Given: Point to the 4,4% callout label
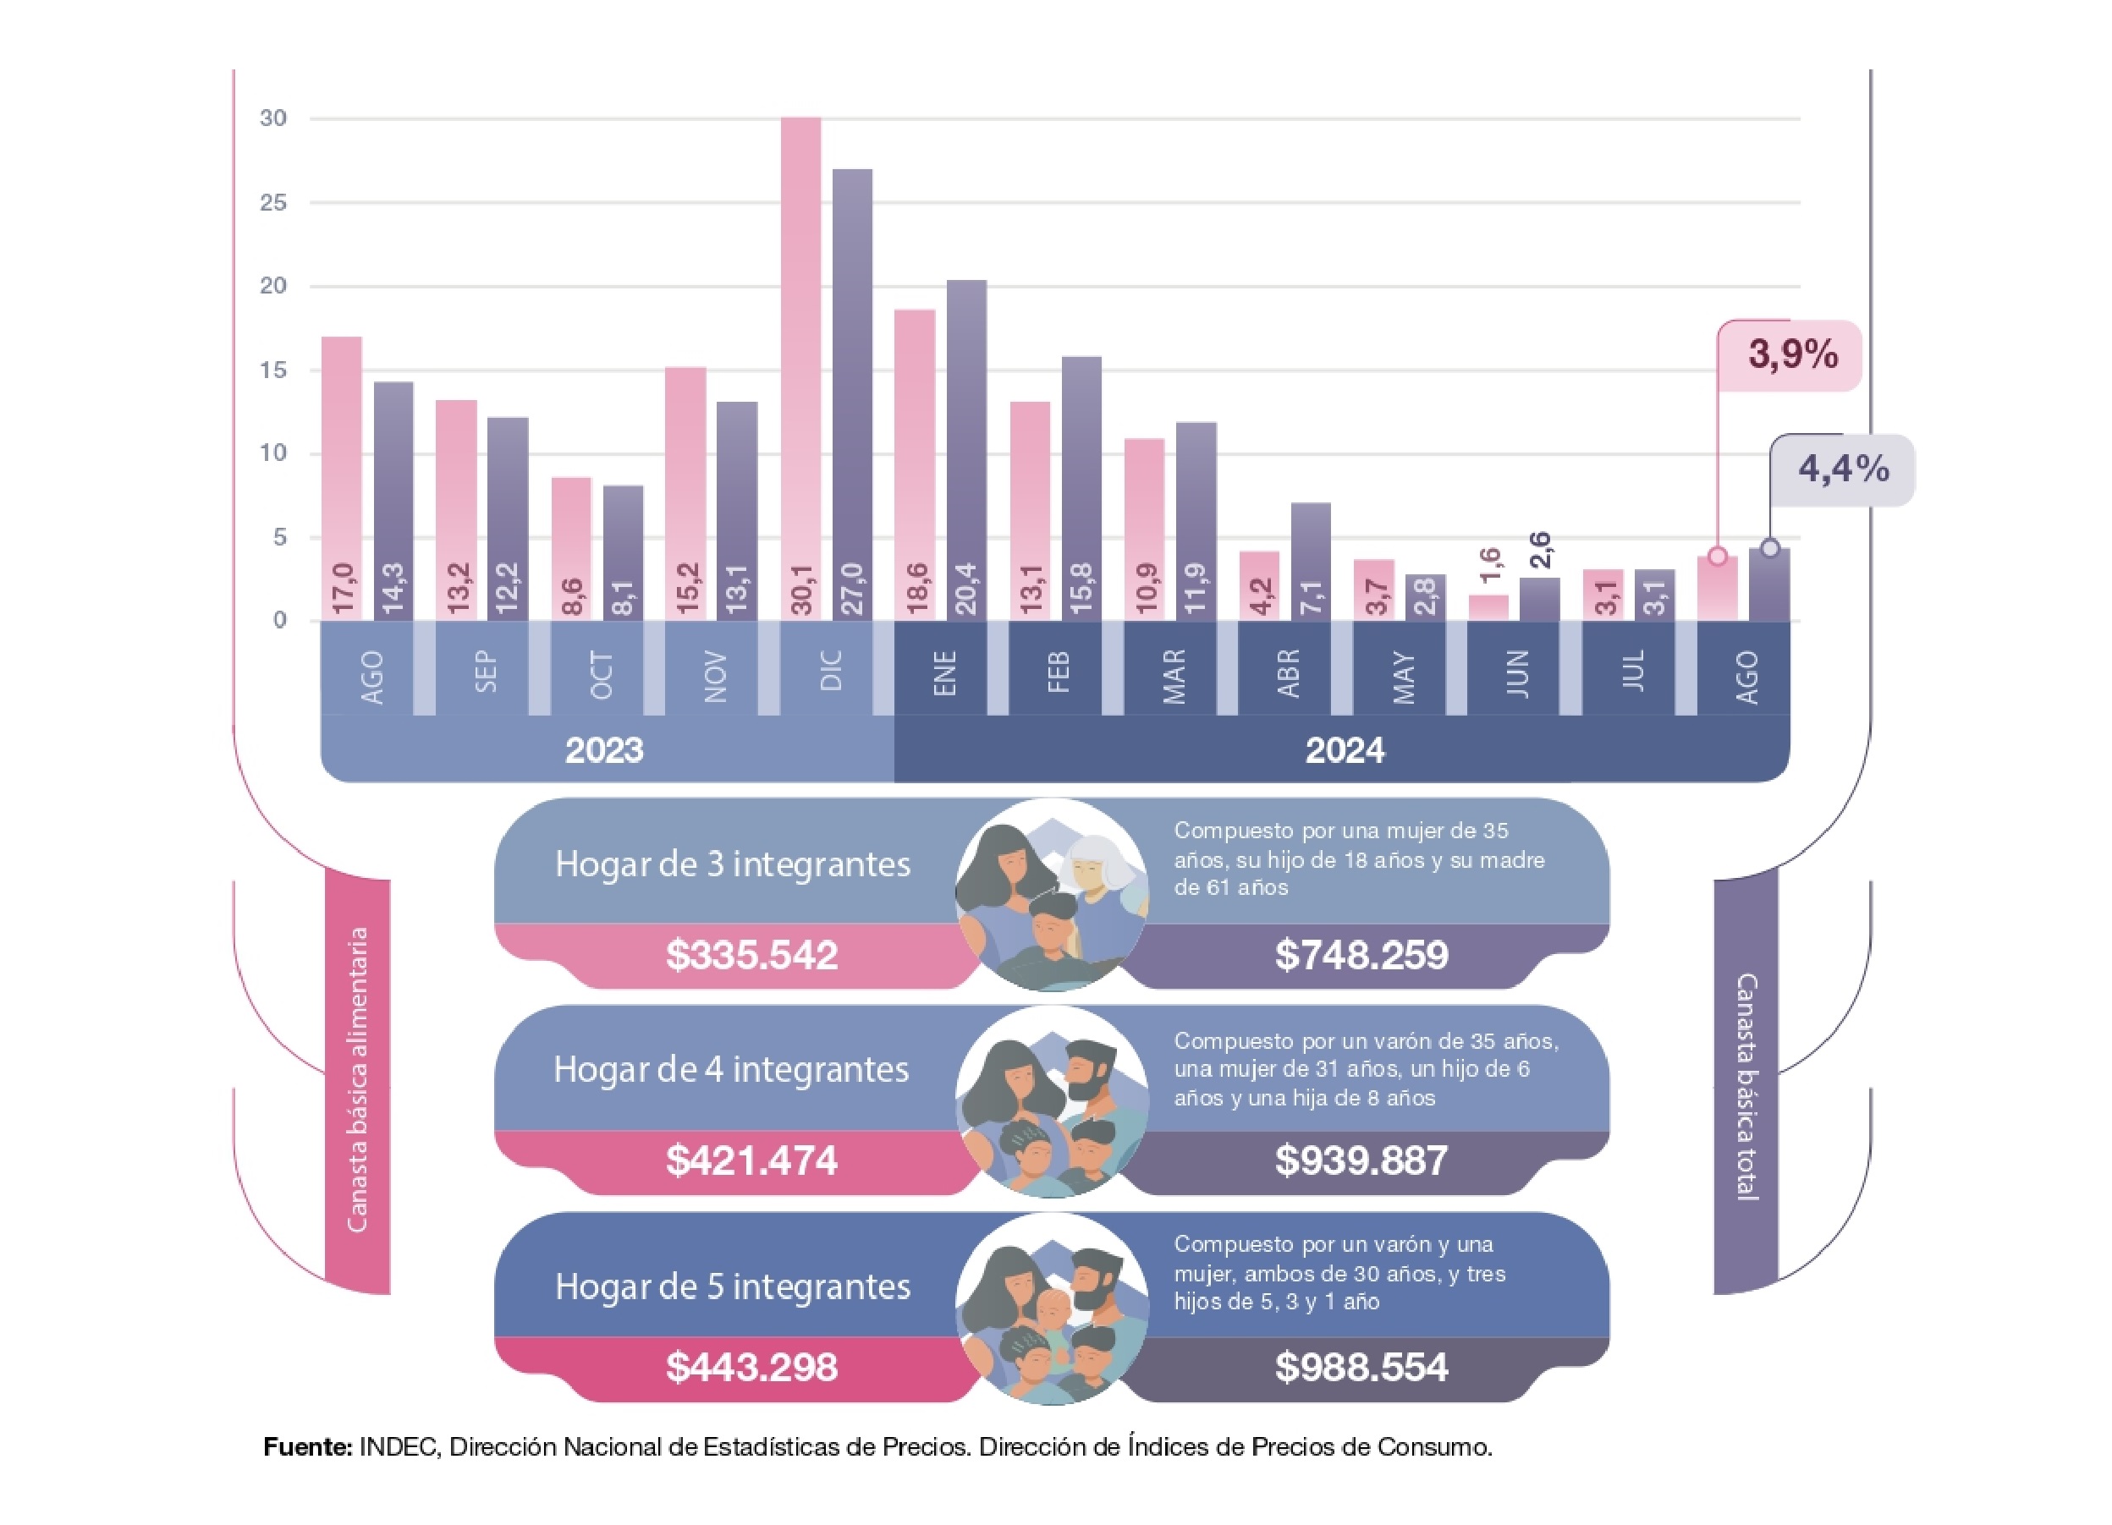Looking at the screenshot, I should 1843,469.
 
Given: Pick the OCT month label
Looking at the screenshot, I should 602,675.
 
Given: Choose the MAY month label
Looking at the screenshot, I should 1403,677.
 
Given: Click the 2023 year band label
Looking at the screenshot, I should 604,750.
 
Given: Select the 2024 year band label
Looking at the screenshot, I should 1345,750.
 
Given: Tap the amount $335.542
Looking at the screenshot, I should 751,955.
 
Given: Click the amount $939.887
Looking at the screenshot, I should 1361,1160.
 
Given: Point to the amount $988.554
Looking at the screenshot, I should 1361,1367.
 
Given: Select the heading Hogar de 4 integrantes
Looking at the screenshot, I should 731,1070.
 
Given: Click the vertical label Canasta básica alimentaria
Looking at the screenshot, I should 358,1080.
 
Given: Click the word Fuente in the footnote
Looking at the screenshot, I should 307,1447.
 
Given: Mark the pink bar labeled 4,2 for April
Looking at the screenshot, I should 1259,585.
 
